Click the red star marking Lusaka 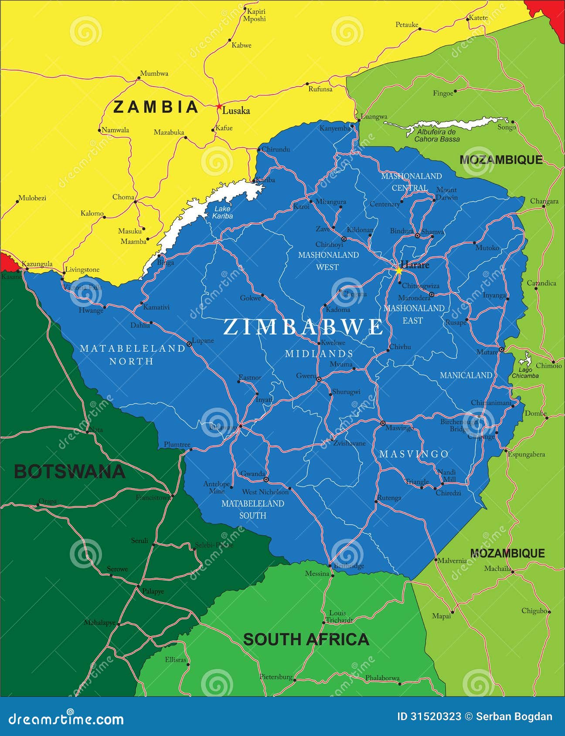219,106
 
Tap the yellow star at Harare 398,270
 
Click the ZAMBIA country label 156,107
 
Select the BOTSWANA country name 69,472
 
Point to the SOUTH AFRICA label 306,639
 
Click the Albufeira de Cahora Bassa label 436,135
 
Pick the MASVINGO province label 414,454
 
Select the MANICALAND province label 466,375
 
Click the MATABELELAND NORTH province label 132,354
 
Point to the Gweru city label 305,376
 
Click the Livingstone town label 82,270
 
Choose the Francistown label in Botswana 153,497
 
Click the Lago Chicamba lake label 525,373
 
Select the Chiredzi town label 448,493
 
